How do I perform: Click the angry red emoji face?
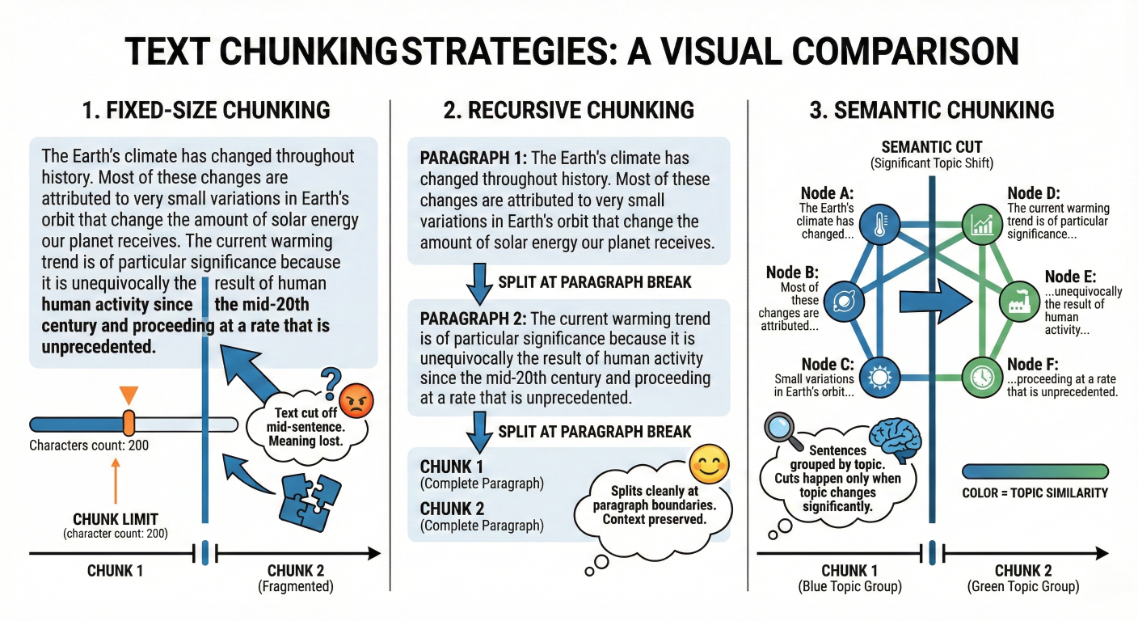354,399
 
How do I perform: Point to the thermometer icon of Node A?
875,227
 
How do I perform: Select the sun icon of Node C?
875,377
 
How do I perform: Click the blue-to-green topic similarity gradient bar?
1035,471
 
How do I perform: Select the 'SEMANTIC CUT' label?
932,147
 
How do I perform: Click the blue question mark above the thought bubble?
329,378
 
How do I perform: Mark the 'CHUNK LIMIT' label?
116,518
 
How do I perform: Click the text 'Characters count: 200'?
89,445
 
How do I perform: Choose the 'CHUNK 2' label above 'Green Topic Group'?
1022,570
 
